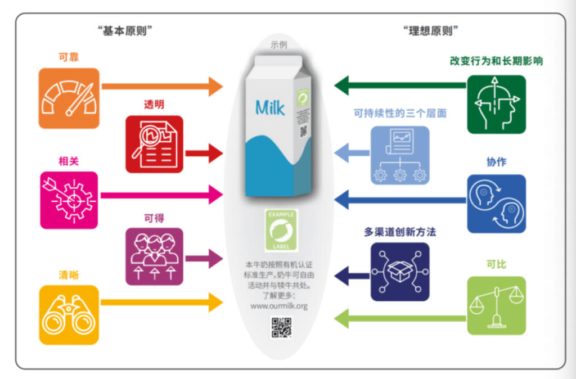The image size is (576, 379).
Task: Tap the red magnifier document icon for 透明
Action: point(154,144)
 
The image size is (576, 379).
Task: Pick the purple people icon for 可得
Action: point(154,256)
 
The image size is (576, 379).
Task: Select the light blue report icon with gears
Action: point(400,155)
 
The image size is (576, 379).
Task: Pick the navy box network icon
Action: point(400,272)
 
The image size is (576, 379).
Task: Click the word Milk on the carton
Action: point(270,107)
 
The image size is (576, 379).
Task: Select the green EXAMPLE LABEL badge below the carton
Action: point(281,230)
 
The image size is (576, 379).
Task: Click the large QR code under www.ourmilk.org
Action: point(281,328)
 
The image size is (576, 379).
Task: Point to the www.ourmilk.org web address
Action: point(280,306)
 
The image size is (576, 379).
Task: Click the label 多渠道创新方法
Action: point(400,231)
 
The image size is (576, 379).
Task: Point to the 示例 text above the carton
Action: point(279,45)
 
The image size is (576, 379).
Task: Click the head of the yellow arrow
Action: point(216,303)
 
